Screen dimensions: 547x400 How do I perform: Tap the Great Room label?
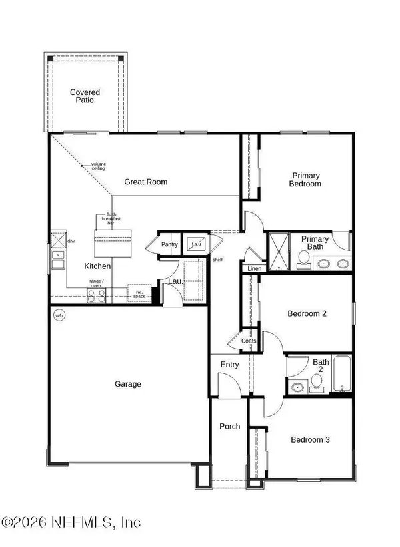[x=146, y=182]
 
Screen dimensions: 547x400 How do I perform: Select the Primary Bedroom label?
[x=306, y=180]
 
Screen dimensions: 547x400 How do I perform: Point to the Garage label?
[x=127, y=384]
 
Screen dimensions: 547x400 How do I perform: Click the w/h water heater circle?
[x=59, y=315]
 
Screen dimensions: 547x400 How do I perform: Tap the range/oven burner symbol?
[x=97, y=294]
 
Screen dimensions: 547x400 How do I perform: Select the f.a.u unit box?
[x=196, y=244]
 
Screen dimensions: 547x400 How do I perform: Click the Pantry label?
[x=170, y=245]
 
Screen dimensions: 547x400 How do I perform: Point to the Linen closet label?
[x=254, y=268]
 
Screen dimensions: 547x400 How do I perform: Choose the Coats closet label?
[x=249, y=341]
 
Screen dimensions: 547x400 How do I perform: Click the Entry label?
[x=230, y=364]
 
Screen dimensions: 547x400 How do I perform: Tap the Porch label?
[x=230, y=427]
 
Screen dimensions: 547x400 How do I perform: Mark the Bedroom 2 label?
[x=306, y=313]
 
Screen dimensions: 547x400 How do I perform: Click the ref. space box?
[x=139, y=293]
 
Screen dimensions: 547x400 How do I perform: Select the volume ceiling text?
[x=99, y=166]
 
